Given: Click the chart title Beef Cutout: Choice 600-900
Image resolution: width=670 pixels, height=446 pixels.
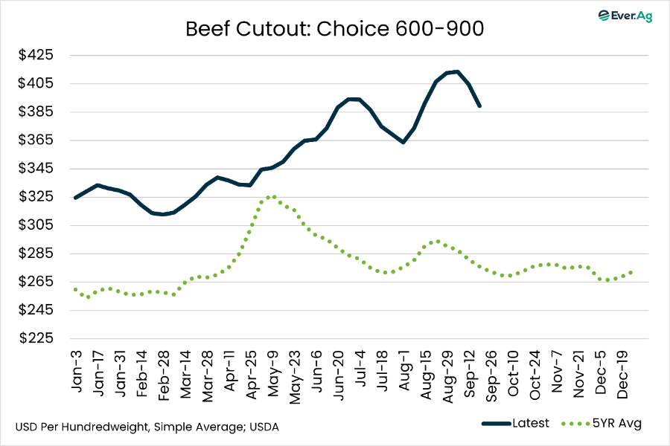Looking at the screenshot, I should tap(335, 30).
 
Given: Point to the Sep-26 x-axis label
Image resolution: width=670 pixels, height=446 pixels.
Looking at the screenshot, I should tap(491, 369).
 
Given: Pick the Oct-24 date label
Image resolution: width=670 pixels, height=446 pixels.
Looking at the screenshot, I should tap(535, 369).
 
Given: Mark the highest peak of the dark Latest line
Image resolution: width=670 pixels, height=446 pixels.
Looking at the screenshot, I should tap(456, 72).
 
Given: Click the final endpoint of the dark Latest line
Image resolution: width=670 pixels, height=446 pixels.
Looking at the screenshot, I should tap(479, 106).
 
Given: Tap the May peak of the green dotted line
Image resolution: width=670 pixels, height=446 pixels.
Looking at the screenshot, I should tap(273, 197).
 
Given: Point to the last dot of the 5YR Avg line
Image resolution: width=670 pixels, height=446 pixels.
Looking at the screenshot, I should tap(631, 272).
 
